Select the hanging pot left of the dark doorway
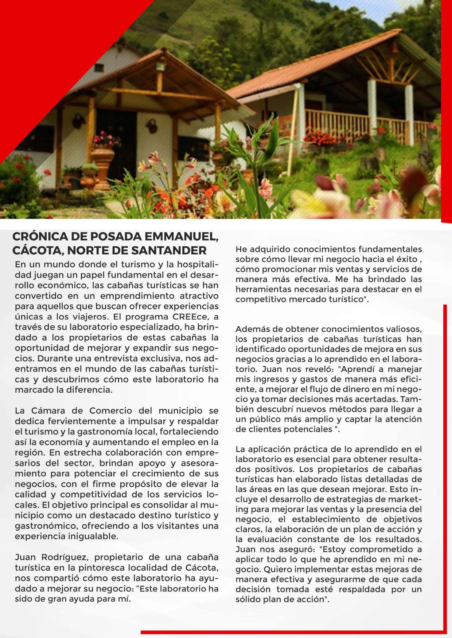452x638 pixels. tap(78, 120)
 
